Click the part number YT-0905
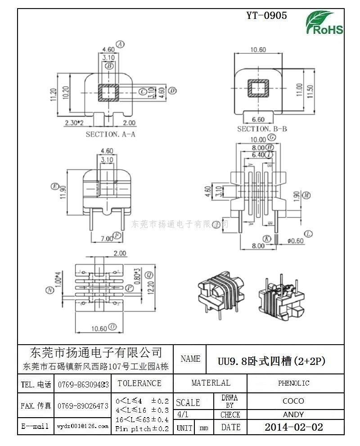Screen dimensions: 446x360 [x=266, y=16]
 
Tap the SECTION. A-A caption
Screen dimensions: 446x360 [x=110, y=134]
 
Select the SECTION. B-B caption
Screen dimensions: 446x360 [x=262, y=129]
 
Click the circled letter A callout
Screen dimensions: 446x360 [x=120, y=44]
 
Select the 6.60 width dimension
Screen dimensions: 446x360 [x=257, y=119]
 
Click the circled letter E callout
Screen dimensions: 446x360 [x=55, y=186]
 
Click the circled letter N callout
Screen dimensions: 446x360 [x=49, y=291]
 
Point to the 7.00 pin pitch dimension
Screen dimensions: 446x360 [x=106, y=238]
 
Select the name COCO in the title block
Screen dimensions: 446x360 [x=293, y=400]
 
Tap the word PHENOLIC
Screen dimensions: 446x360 [x=293, y=383]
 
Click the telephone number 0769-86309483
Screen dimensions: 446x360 [x=83, y=385]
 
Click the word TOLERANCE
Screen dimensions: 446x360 [x=139, y=383]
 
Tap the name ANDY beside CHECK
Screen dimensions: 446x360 [x=293, y=414]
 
